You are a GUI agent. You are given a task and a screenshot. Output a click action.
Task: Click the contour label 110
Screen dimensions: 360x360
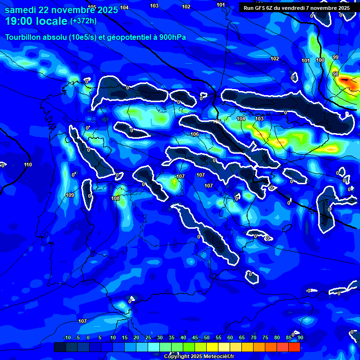(x=28, y=165)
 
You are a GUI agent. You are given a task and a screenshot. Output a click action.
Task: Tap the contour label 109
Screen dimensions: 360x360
(x=70, y=195)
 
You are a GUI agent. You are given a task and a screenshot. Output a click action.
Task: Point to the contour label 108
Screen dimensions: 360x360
(x=115, y=198)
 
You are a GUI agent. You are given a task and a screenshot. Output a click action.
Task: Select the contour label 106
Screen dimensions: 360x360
(x=195, y=135)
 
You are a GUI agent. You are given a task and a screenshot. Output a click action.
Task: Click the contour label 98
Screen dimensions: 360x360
(x=335, y=74)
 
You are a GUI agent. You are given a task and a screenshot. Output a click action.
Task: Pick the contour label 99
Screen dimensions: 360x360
(x=335, y=57)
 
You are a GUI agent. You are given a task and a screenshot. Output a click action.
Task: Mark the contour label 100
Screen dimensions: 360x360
(x=320, y=60)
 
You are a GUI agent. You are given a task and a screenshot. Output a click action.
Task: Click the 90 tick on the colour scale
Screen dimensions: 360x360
(x=300, y=337)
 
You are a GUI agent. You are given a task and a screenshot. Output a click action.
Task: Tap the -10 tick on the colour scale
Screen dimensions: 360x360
(x=67, y=337)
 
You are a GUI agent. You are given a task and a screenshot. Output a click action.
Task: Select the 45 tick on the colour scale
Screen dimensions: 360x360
(x=195, y=337)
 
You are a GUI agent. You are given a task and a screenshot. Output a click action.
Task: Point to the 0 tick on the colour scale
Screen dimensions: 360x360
(x=88, y=337)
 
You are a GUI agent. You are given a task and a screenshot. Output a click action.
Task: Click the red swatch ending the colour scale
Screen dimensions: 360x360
(x=294, y=347)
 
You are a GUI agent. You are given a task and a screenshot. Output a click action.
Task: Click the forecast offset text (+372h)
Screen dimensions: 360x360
(x=83, y=21)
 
